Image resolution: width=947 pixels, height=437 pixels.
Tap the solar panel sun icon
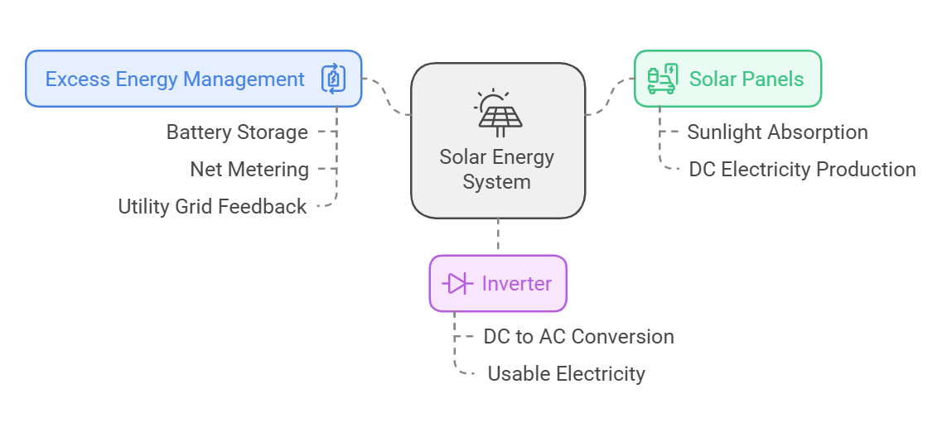(498, 113)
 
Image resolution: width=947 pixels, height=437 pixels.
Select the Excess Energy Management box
(193, 79)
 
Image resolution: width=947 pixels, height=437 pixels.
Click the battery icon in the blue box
(333, 79)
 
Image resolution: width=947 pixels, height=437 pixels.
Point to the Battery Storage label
(237, 132)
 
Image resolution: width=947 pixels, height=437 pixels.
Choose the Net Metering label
(249, 170)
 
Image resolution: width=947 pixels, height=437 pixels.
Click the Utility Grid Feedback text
(212, 207)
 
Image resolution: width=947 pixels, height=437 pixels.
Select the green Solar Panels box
(727, 79)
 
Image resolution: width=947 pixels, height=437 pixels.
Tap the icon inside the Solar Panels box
(663, 79)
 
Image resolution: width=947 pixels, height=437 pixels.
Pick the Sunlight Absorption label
(777, 132)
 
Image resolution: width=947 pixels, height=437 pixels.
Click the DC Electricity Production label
(802, 170)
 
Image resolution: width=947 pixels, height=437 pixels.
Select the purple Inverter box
(498, 284)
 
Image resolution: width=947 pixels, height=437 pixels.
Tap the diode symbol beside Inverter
(457, 284)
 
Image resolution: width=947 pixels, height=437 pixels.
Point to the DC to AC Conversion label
(578, 337)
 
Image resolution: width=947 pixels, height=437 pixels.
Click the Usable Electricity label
(566, 374)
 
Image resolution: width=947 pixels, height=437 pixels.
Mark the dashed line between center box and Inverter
(498, 237)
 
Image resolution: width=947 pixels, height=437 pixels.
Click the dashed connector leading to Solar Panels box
(610, 95)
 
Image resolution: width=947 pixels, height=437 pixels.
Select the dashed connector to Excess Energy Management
(387, 95)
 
